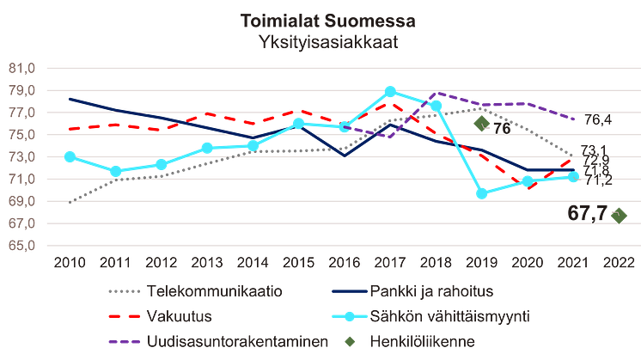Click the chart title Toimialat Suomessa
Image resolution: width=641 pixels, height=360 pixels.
(320, 20)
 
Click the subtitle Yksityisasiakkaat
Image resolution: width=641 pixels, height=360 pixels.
(320, 40)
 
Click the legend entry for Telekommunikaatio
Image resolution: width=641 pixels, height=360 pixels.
(216, 291)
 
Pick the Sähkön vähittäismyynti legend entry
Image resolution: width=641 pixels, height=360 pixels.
(438, 316)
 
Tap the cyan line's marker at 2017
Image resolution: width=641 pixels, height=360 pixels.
(390, 89)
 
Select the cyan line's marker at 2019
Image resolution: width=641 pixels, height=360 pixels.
(482, 193)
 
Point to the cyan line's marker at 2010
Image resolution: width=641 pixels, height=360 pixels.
(70, 156)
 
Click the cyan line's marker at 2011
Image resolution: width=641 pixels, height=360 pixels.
(116, 171)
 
